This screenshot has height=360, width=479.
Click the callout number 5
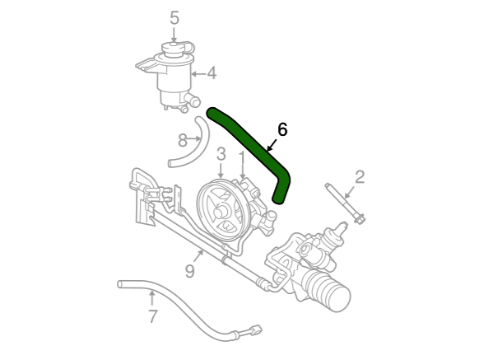click(x=174, y=18)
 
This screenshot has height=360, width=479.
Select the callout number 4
click(x=212, y=73)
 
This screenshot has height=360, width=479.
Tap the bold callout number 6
click(x=282, y=129)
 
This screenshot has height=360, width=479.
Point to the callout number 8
click(x=183, y=141)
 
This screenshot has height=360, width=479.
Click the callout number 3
click(x=221, y=154)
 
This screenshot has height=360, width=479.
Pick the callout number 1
click(x=242, y=158)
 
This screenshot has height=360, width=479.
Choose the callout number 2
click(x=360, y=177)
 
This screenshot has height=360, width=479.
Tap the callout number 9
click(x=190, y=271)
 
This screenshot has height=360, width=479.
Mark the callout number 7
click(x=153, y=316)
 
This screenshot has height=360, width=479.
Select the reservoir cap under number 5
click(x=174, y=49)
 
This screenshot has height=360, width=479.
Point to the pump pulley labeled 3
click(x=221, y=211)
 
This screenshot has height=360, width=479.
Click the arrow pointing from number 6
click(x=272, y=145)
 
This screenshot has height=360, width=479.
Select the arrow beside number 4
click(x=198, y=73)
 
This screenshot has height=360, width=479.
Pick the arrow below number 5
click(x=174, y=35)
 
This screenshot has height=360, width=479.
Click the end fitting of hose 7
click(x=254, y=330)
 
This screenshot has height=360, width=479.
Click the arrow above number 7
click(x=151, y=299)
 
